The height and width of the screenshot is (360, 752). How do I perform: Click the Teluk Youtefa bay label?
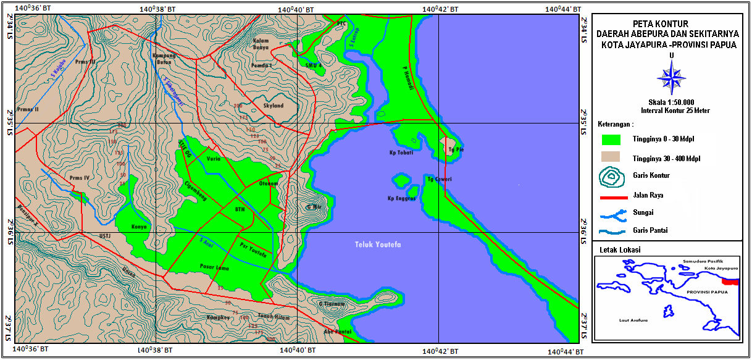click(378, 245)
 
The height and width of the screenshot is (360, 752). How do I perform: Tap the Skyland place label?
click(274, 106)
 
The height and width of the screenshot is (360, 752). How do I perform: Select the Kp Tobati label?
click(401, 152)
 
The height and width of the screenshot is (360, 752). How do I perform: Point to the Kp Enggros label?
click(399, 199)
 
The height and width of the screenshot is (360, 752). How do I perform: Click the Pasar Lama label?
click(215, 267)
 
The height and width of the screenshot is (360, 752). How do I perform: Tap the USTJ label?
click(105, 235)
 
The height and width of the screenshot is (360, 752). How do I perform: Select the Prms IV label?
click(80, 178)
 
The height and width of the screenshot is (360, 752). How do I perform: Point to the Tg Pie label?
click(456, 149)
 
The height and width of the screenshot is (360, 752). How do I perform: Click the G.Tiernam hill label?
click(332, 304)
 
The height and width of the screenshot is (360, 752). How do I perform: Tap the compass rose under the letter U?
click(671, 78)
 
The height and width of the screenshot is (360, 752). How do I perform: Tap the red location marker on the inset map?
click(730, 282)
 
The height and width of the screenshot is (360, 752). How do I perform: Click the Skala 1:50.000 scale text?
click(671, 102)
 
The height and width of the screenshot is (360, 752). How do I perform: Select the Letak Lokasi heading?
click(619, 250)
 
